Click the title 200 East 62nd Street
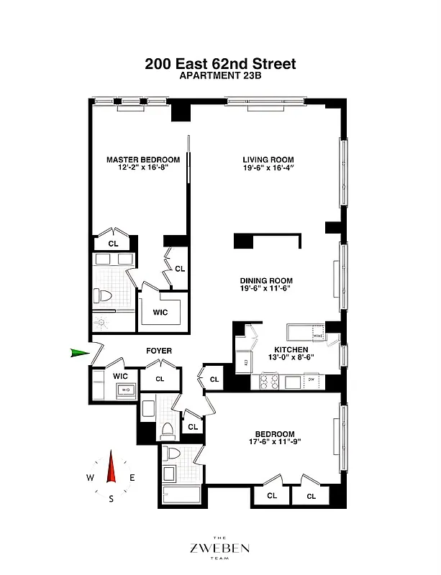click(220, 63)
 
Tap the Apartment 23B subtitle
click(220, 78)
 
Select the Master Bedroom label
click(143, 160)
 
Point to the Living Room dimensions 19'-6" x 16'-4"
click(268, 170)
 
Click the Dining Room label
click(266, 281)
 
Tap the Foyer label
click(159, 351)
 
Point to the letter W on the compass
click(90, 478)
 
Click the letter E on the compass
click(132, 478)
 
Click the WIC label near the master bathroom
click(160, 313)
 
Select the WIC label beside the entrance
click(120, 376)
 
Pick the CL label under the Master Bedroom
click(113, 244)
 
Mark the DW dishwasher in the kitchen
click(311, 379)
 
